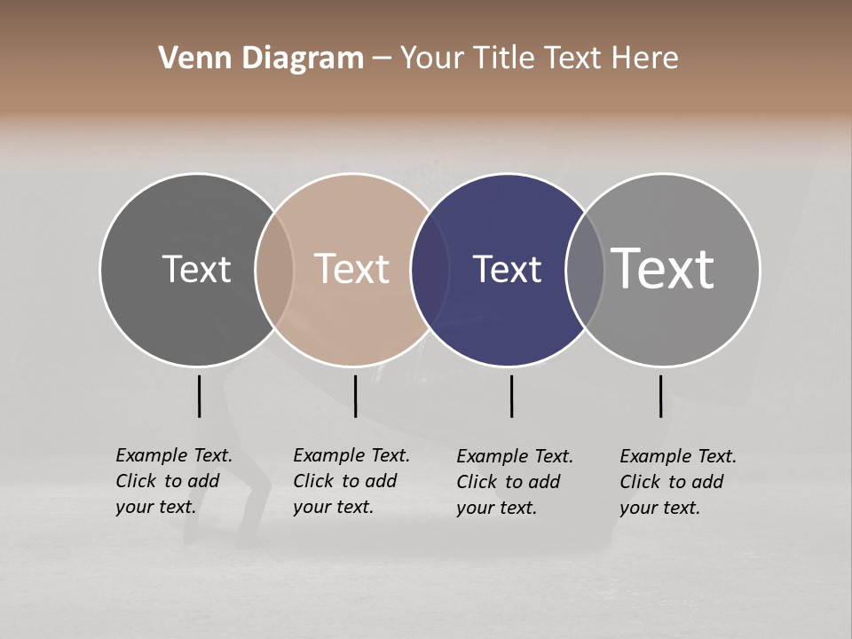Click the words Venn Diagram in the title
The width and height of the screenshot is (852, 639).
click(261, 59)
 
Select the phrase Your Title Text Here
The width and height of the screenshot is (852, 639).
click(539, 59)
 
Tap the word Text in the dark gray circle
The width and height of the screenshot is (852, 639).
click(196, 269)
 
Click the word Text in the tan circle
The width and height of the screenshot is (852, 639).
click(352, 269)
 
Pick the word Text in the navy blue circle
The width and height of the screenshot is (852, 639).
click(507, 269)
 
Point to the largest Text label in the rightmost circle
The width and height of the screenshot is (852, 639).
click(663, 269)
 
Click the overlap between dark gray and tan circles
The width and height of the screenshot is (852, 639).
click(274, 269)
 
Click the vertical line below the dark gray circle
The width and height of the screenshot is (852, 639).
click(200, 396)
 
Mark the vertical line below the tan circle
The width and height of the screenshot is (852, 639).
click(355, 396)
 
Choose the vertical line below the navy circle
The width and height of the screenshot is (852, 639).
click(511, 396)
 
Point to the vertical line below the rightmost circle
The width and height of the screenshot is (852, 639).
click(660, 396)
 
